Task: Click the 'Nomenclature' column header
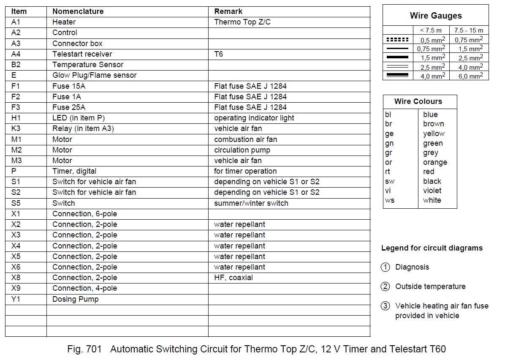point(78,11)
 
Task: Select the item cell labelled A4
point(16,54)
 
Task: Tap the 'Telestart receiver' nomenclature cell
point(82,54)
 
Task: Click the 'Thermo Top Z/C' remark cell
point(242,22)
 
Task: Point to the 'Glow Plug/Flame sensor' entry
point(94,75)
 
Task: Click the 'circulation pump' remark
point(242,150)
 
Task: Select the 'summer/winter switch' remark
point(251,203)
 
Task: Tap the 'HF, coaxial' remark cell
point(233,278)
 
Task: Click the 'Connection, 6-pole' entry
point(84,214)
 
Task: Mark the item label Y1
point(15,299)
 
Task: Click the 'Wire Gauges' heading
point(435,16)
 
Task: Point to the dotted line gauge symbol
point(397,40)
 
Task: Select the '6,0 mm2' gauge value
point(468,76)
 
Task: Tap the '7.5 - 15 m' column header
point(468,30)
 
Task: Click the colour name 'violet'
point(432,191)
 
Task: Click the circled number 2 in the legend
point(385,286)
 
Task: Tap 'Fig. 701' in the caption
point(84,349)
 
